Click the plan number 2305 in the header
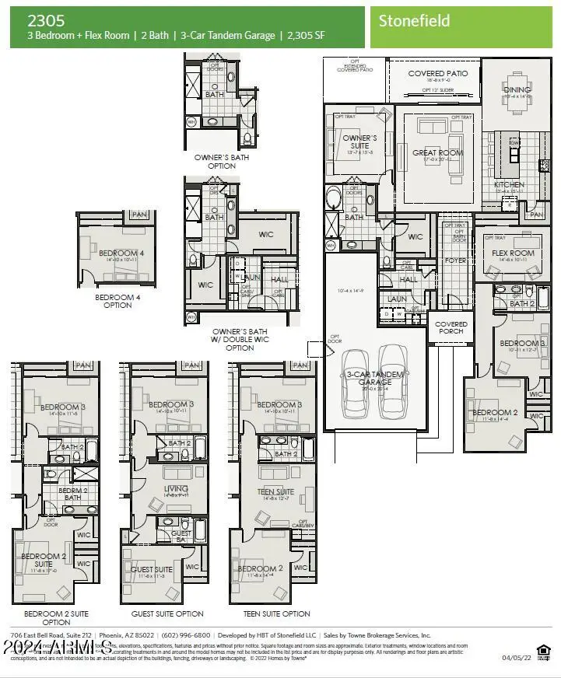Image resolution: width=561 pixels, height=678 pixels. click(47, 21)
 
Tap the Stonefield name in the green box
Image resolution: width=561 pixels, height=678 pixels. click(414, 21)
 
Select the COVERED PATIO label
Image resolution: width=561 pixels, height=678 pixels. click(439, 74)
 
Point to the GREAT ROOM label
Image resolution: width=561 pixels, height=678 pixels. click(437, 153)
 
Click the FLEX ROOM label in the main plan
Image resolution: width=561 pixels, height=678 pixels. click(513, 253)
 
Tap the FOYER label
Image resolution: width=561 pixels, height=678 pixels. click(456, 261)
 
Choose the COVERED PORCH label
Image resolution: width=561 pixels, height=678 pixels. click(451, 327)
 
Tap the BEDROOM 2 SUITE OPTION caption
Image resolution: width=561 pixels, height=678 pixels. click(56, 617)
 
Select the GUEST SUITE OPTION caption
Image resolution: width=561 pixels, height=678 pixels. click(167, 613)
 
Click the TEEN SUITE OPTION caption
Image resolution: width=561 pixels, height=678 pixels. click(276, 613)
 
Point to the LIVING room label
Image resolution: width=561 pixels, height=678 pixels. click(176, 489)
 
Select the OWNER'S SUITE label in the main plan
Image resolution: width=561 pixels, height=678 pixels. click(359, 142)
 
